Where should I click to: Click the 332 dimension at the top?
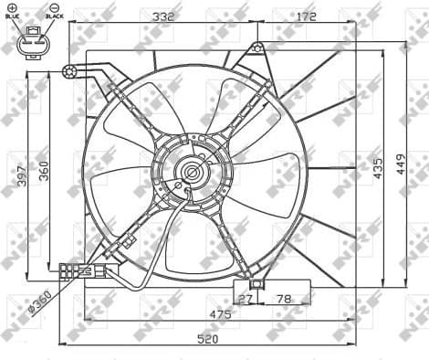164,16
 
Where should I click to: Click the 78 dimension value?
285,298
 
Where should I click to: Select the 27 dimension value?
246,298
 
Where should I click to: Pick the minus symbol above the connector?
54,7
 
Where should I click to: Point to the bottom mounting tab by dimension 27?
256,284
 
